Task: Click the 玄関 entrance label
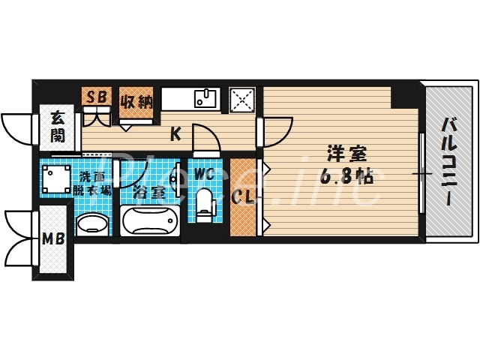coord(57,127)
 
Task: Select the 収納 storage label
coord(136,98)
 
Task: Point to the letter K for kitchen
coord(175,135)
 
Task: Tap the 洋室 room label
coord(346,155)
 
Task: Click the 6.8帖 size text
coord(346,177)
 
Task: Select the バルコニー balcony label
coord(448,160)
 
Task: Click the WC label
coord(204,174)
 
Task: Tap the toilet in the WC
coord(204,204)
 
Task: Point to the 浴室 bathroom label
coord(149,192)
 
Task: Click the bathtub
coord(149,222)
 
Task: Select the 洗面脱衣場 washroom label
coord(94,184)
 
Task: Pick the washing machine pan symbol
coord(57,178)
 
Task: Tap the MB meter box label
coord(52,241)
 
